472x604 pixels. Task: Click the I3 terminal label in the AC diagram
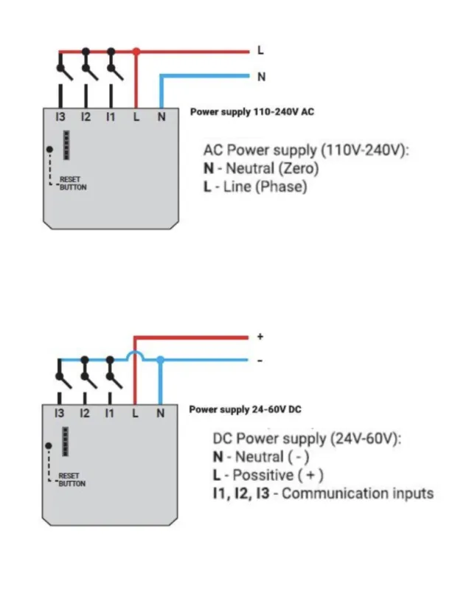coord(60,117)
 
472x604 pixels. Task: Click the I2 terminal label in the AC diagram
coord(86,117)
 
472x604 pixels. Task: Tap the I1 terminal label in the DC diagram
coord(110,414)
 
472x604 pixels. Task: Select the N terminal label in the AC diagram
coord(160,117)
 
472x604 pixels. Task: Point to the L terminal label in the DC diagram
coord(135,414)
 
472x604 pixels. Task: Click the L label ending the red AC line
coord(260,51)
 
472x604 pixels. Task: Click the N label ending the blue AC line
coord(260,76)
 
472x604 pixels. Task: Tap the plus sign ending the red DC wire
coord(260,336)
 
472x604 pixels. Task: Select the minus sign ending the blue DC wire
coord(260,361)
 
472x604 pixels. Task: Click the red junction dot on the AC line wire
coord(136,52)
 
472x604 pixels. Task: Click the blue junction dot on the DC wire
coord(160,360)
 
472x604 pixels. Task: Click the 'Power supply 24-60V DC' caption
coord(246,409)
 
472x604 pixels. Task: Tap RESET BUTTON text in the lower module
coord(72,480)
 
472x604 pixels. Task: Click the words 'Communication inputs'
coord(358,493)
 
